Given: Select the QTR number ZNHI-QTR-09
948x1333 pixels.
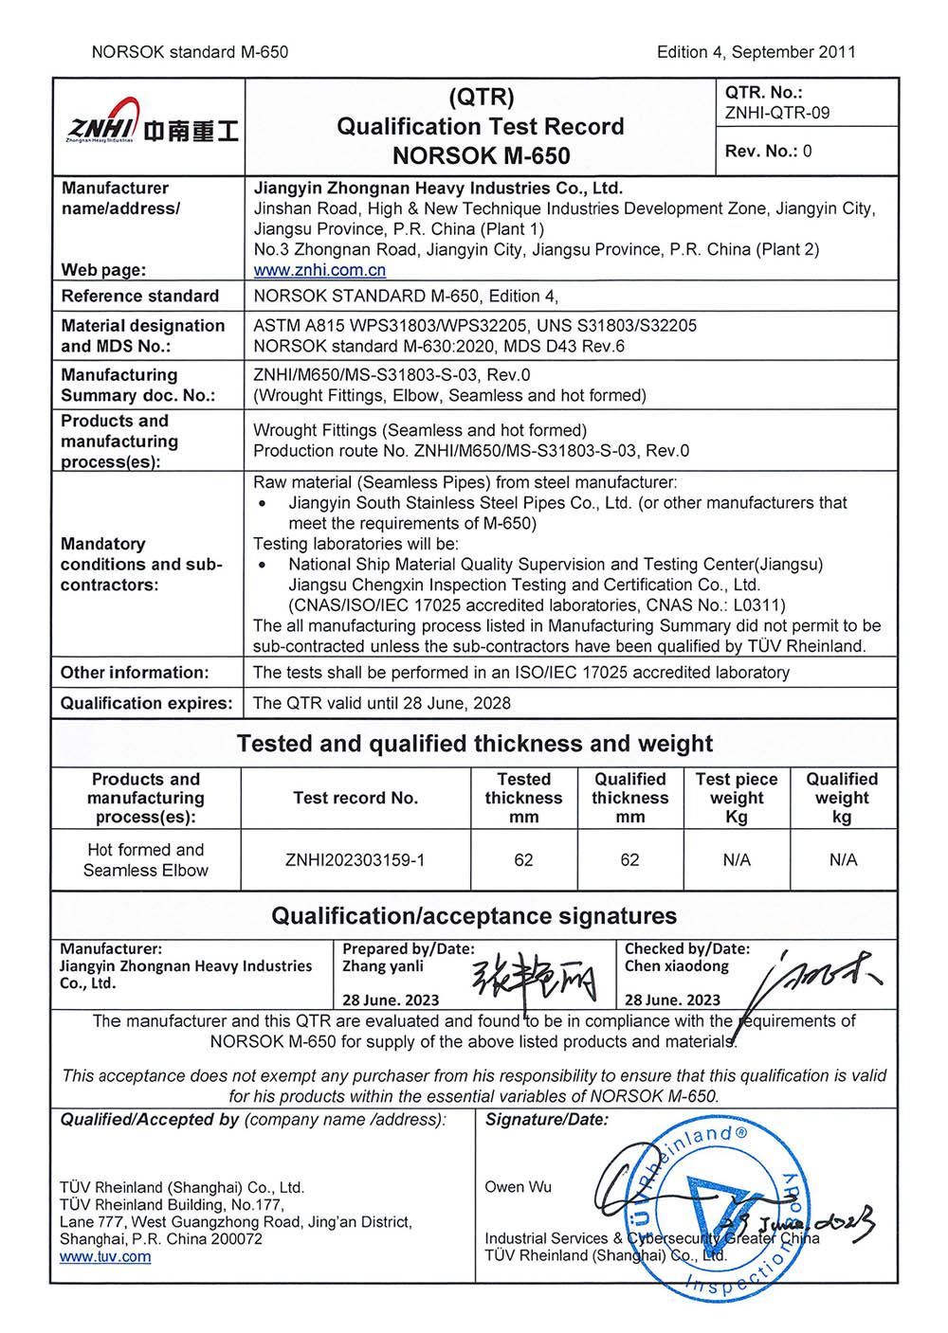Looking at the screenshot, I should (x=776, y=113).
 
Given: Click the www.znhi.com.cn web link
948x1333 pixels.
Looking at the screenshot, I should (x=319, y=270).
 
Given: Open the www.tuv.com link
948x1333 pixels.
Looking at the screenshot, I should (x=104, y=1256).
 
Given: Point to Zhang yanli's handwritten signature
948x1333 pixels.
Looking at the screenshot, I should (x=536, y=978).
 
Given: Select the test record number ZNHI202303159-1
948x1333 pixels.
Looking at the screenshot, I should (x=355, y=860).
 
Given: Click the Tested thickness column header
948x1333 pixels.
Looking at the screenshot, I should (x=523, y=798).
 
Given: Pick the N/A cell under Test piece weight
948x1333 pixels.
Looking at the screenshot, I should (x=737, y=860).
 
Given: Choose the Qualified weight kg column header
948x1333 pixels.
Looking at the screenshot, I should (x=842, y=798).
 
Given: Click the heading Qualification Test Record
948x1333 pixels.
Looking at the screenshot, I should (x=480, y=127).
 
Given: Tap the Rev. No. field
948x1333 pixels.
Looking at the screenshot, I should (x=768, y=152).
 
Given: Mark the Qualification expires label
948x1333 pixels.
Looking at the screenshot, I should (x=146, y=703).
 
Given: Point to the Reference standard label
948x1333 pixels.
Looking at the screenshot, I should (x=139, y=296).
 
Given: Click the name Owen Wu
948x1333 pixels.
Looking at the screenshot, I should (x=518, y=1187).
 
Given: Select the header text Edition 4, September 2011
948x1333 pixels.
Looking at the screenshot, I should (x=756, y=52).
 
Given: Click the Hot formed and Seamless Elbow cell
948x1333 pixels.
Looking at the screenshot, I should (x=146, y=860).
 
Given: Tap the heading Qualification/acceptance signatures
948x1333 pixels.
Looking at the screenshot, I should (x=474, y=916).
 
